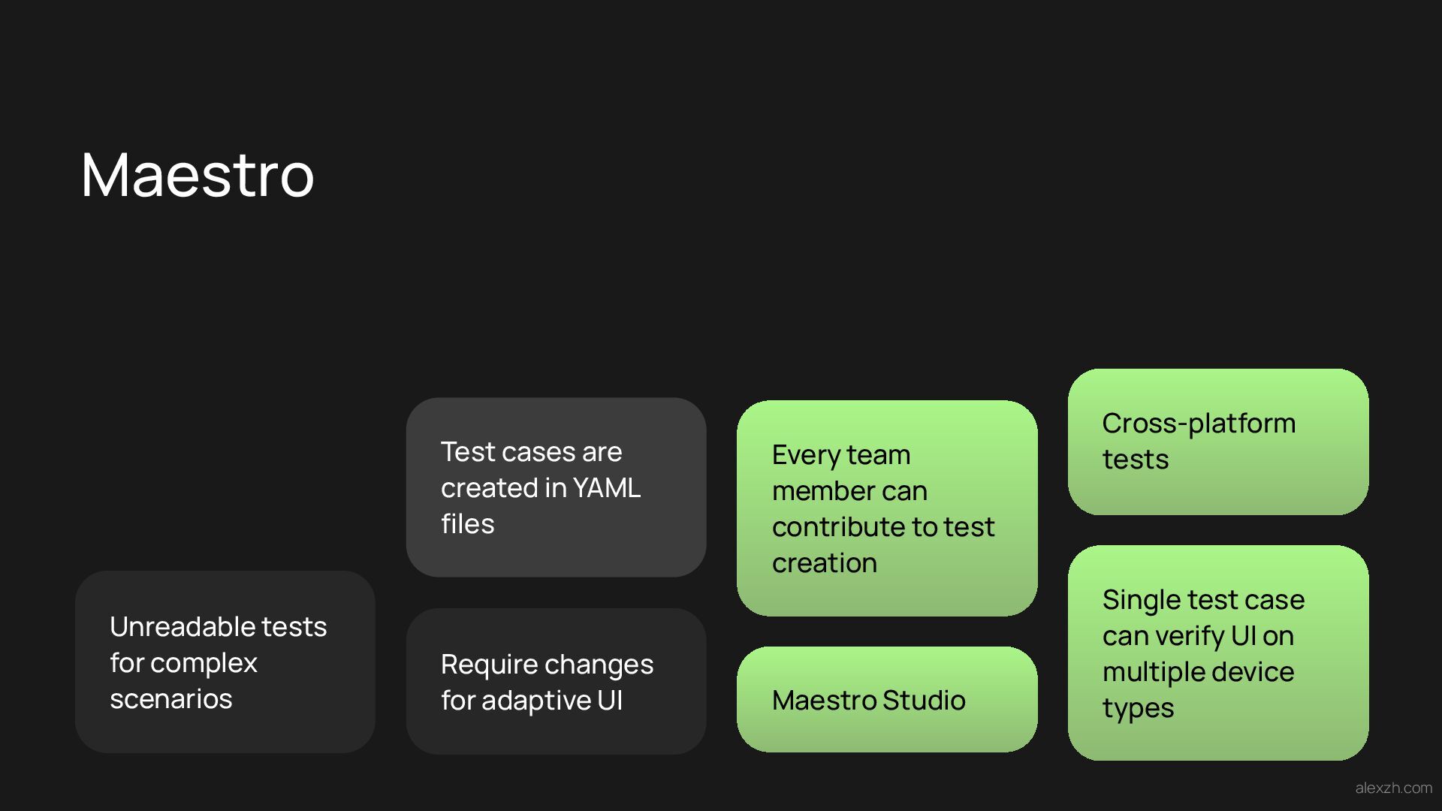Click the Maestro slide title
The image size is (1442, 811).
point(197,175)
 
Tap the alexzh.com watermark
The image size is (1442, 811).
point(1393,788)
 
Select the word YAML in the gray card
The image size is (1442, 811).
point(606,488)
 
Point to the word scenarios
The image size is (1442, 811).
point(171,699)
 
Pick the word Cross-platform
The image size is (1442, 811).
point(1199,424)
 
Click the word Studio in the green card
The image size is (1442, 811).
point(924,701)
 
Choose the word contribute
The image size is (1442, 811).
point(838,527)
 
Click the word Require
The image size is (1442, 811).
point(487,665)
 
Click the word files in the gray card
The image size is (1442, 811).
point(467,524)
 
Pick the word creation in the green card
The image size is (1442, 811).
point(824,563)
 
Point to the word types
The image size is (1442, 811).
point(1138,708)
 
